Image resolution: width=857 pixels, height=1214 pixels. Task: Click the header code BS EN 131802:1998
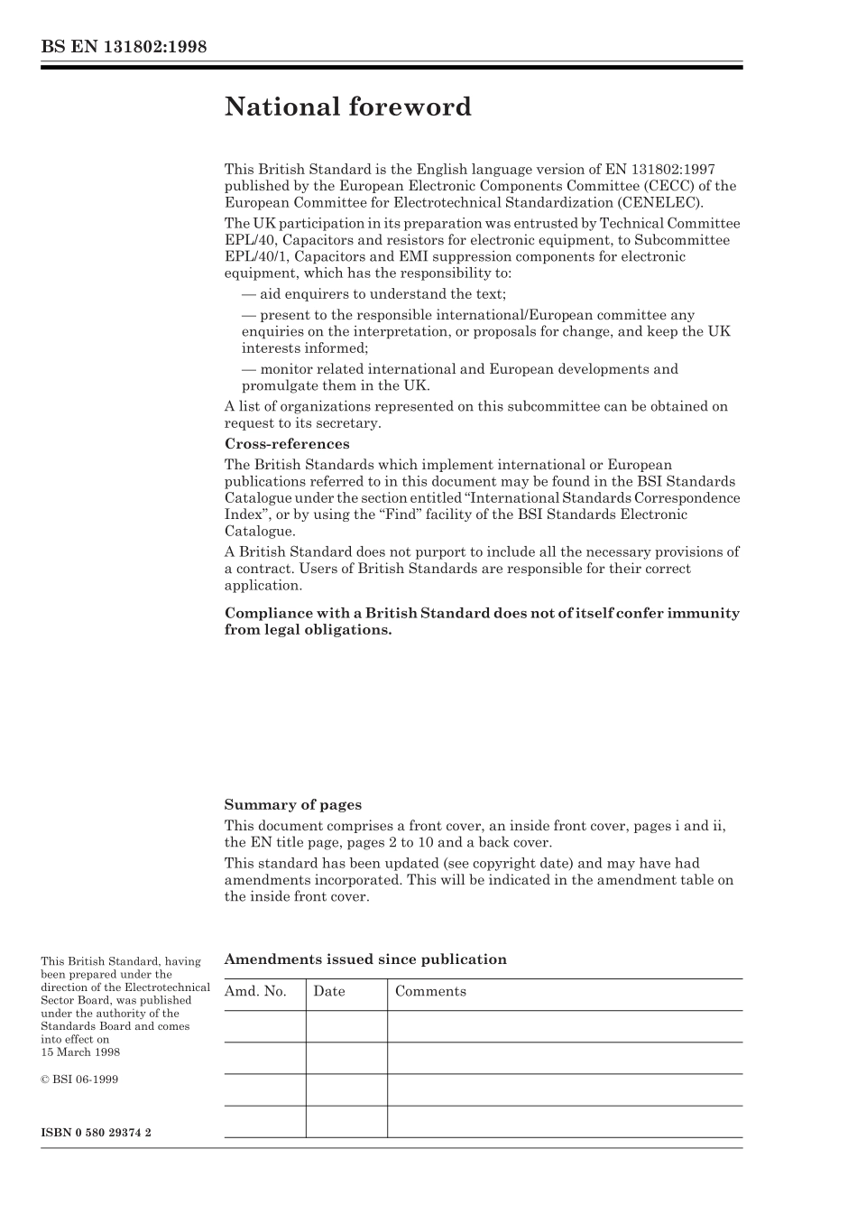124,47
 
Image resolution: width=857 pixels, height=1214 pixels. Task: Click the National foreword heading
347,107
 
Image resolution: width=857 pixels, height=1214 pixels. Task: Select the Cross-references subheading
286,444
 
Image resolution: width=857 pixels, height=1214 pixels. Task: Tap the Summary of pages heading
292,805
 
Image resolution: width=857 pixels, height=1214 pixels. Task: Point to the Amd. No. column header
255,991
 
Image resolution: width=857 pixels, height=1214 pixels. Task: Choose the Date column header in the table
329,991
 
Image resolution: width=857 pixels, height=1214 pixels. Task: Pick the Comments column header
430,991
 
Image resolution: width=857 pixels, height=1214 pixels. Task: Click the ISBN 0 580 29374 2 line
96,1132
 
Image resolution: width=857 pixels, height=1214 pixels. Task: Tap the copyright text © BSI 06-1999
79,1080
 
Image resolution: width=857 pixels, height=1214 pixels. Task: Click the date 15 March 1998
80,1052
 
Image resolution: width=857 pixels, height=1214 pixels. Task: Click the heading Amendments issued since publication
365,959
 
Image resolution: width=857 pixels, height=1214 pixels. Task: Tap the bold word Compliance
268,614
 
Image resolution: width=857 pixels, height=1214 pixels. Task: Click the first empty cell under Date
346,1026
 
